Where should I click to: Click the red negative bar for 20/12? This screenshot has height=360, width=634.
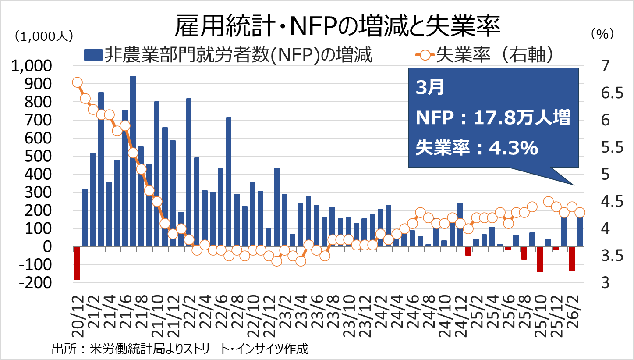coord(77,263)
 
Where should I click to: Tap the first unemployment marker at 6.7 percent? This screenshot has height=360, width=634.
coord(77,82)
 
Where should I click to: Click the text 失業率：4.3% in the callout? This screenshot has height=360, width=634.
coord(477,148)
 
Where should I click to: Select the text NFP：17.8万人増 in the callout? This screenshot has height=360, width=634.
coord(493,118)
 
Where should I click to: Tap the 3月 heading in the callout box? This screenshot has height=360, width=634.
coord(429,88)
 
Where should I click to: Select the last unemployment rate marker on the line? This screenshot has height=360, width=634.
coord(580,212)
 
